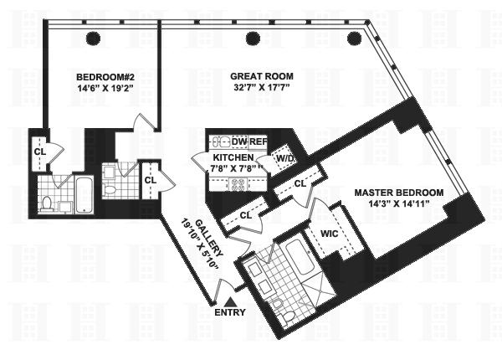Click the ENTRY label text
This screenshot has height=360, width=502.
click(x=230, y=312)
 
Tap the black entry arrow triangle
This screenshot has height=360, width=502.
click(x=230, y=302)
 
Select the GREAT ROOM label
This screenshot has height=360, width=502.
click(x=262, y=76)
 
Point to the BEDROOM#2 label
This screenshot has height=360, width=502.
click(x=105, y=77)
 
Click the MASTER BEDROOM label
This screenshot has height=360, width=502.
click(x=399, y=193)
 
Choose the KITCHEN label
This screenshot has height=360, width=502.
click(x=233, y=157)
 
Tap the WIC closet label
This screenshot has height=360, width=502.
click(x=330, y=234)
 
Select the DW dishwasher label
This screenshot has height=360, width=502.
click(x=240, y=141)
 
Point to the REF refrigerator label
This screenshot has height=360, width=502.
click(x=258, y=141)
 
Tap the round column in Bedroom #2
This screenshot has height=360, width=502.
click(x=94, y=39)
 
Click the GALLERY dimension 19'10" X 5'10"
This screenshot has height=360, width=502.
click(x=201, y=244)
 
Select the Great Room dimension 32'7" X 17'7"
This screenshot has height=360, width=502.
click(x=262, y=87)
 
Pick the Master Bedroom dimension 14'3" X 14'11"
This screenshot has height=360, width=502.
click(x=398, y=203)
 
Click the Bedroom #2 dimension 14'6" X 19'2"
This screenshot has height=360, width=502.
click(x=105, y=89)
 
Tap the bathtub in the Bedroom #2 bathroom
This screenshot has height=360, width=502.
click(x=85, y=195)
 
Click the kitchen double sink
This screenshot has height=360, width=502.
click(x=220, y=141)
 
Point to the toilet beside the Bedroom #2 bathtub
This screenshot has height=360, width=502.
click(x=48, y=205)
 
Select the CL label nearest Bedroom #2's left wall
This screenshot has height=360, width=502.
click(x=40, y=152)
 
